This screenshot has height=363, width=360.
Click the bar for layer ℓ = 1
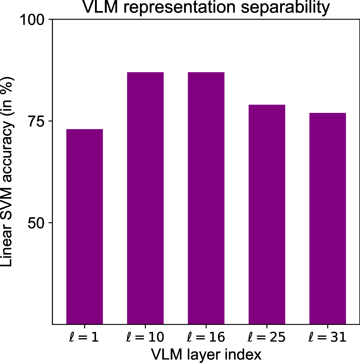tap(85, 227)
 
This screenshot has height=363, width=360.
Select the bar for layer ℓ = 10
tap(145, 198)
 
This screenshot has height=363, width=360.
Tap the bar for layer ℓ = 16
tap(206, 198)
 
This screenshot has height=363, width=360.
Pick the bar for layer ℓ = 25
tap(267, 214)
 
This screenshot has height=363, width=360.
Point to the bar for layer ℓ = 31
tap(327, 218)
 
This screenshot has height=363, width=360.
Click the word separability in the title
tap(285, 8)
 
